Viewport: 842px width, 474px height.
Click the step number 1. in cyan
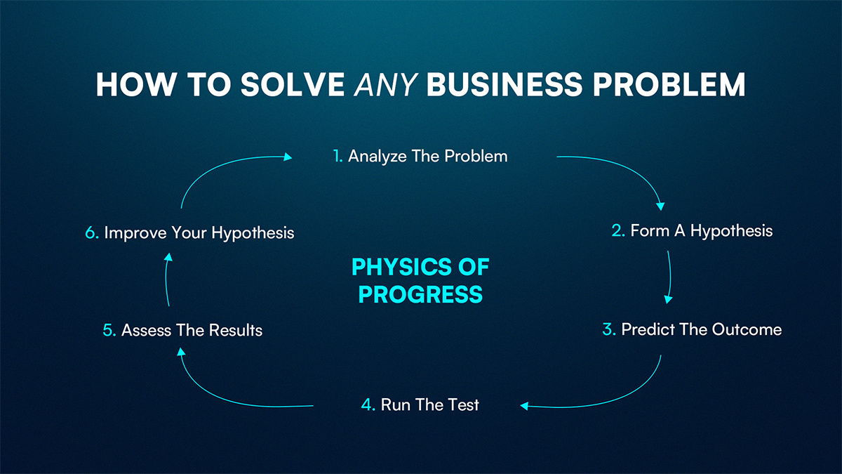[x=338, y=156]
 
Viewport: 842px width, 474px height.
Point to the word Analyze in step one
[x=377, y=156]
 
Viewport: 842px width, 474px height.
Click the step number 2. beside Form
[x=617, y=230]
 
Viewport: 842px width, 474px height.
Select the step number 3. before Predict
[x=609, y=329]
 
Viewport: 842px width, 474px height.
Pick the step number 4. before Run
[x=368, y=404]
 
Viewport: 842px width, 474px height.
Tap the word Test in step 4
[x=464, y=404]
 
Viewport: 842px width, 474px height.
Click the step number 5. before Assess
[x=109, y=330]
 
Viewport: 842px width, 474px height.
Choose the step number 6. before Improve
[x=92, y=233]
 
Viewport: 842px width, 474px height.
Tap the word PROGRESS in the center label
[x=420, y=294]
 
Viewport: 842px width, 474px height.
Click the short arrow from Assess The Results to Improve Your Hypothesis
[x=166, y=281]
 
